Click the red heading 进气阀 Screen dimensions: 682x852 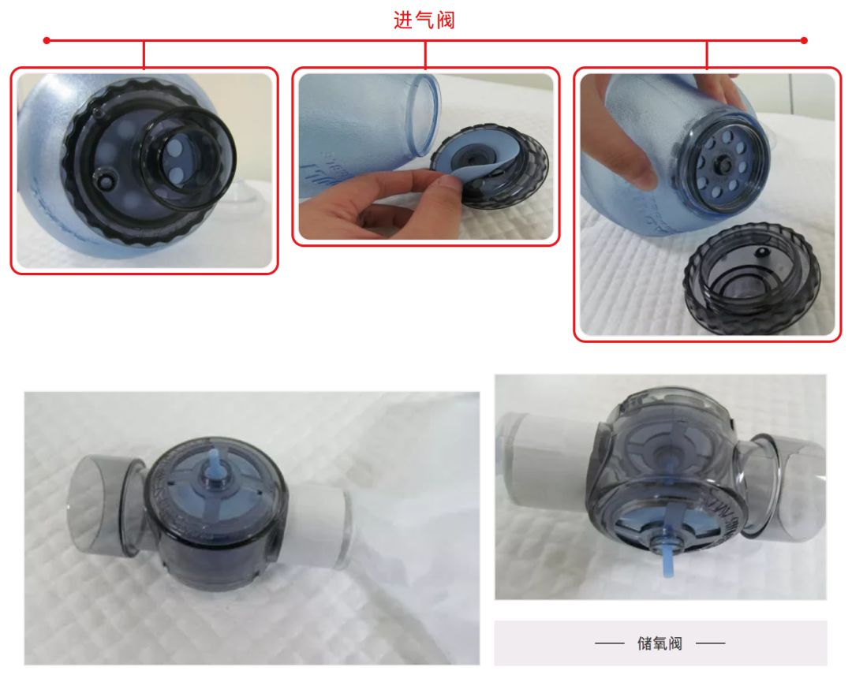424,20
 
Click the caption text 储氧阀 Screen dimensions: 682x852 660,643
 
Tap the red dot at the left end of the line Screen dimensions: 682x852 47,39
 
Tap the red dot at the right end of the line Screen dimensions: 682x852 804,39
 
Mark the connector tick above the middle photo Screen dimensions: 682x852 425,53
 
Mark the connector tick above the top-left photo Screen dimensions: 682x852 144,53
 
